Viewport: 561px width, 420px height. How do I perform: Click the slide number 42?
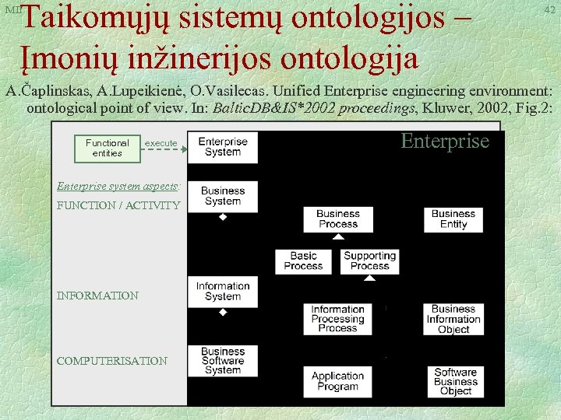549,10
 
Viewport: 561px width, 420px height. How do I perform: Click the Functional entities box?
108,148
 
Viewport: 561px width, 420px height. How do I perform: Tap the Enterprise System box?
222,147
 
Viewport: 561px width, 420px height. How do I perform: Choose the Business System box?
222,196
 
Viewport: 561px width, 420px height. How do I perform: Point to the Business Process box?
337,219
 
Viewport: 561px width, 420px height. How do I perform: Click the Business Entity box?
453,219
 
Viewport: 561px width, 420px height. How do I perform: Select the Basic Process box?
303,261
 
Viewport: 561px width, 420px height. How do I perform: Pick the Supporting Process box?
370,261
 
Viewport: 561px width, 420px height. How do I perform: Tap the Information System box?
222,291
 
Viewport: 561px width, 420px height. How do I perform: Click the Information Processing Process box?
337,319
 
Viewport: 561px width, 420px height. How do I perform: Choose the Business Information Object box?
453,319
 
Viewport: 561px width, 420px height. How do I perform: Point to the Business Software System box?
222,361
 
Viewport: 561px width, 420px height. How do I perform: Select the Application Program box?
337,381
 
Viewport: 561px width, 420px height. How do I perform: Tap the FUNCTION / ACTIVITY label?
118,206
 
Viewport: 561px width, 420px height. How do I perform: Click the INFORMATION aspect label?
97,296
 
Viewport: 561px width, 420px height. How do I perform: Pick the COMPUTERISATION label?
111,361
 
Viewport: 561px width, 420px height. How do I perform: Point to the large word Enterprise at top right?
445,141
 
